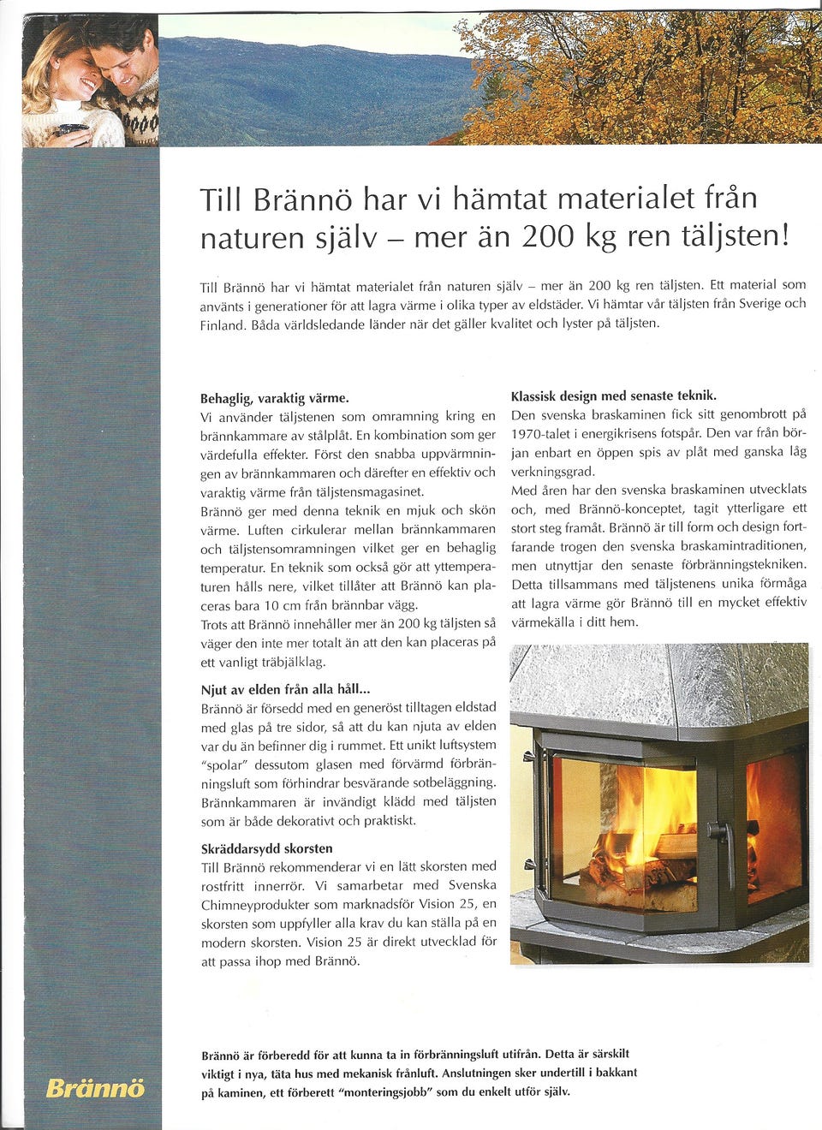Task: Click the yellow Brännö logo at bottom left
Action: pyautogui.click(x=95, y=1088)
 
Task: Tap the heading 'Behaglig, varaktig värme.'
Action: pyautogui.click(x=274, y=398)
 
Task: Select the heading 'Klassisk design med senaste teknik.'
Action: pyautogui.click(x=613, y=395)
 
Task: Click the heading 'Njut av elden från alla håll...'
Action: pyautogui.click(x=285, y=689)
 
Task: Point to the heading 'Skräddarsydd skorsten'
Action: pyautogui.click(x=266, y=848)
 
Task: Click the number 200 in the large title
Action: pyautogui.click(x=547, y=236)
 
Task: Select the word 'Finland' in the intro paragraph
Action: pyautogui.click(x=221, y=325)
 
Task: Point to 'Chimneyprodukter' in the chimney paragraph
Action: pyautogui.click(x=254, y=905)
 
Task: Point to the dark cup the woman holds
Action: pyautogui.click(x=72, y=131)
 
